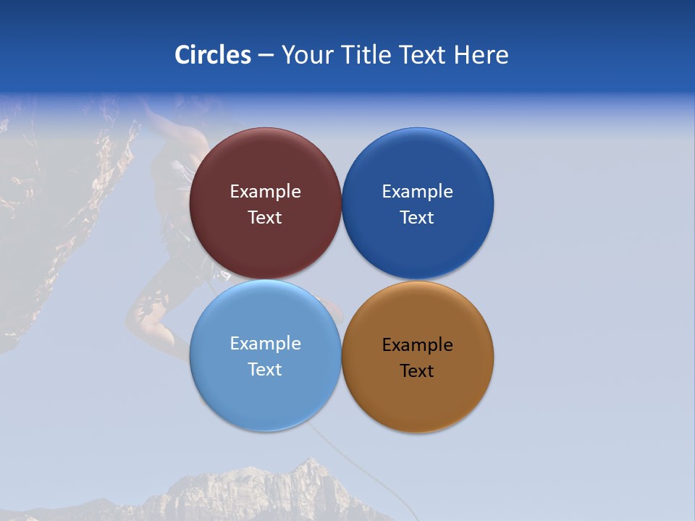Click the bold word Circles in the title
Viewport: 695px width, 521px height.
click(212, 55)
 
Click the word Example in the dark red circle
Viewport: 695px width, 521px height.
click(265, 192)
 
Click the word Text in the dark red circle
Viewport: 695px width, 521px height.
click(265, 218)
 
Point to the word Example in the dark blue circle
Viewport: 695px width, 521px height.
click(417, 192)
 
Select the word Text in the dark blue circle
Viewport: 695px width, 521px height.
click(417, 218)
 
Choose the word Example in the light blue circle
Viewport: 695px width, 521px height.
click(265, 344)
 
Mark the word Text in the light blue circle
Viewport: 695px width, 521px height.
click(265, 370)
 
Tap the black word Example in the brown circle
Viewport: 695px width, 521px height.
click(417, 345)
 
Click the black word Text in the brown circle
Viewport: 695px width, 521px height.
click(417, 371)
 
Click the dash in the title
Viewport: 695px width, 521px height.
click(266, 56)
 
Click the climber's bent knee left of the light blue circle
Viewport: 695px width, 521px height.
click(138, 311)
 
